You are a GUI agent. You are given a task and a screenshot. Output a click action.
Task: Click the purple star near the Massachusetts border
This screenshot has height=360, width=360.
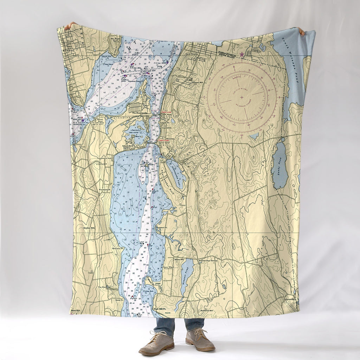point(242,54)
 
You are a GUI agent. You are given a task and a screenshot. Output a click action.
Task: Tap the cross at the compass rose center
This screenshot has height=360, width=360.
point(242,97)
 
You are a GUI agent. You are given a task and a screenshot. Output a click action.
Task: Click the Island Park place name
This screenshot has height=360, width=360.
point(128,146)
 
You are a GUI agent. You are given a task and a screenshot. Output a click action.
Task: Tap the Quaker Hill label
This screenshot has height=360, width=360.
point(90,228)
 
